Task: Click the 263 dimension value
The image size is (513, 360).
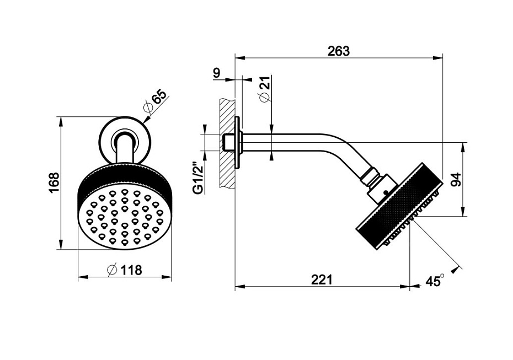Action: (x=339, y=51)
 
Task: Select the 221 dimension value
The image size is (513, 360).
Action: (x=322, y=280)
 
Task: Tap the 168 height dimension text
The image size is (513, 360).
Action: (x=54, y=183)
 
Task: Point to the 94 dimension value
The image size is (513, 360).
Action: (x=456, y=179)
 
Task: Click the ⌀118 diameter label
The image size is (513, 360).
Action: (x=125, y=270)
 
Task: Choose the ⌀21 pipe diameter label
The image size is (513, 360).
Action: (x=265, y=89)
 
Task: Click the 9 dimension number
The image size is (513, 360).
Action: (x=217, y=73)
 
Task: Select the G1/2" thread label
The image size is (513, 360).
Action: (x=199, y=178)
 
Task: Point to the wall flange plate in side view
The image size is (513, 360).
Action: (x=238, y=142)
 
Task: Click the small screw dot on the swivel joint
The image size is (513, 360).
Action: (x=386, y=192)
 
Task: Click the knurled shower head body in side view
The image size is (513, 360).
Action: (x=398, y=207)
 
